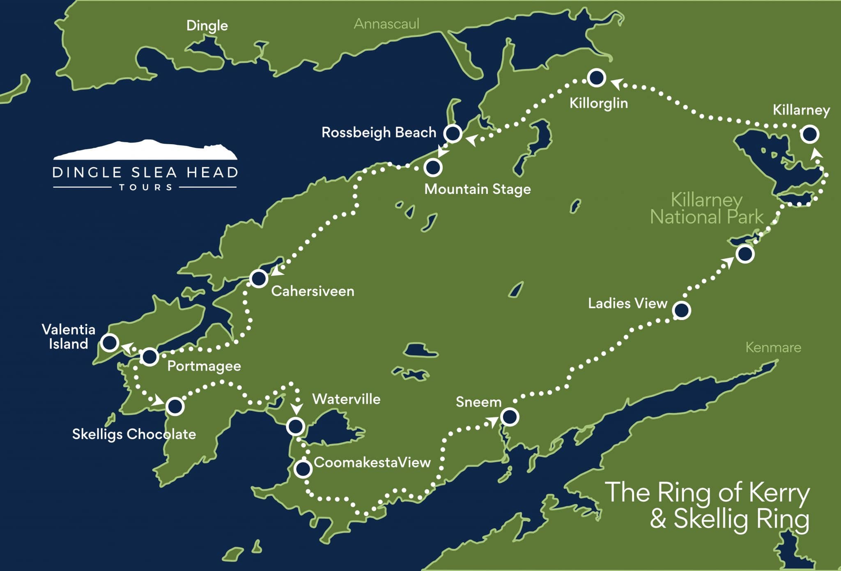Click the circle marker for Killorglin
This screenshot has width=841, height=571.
click(596, 78)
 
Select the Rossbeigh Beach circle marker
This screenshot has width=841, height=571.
click(453, 133)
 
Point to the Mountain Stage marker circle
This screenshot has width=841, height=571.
click(433, 168)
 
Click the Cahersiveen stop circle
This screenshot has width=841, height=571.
click(259, 279)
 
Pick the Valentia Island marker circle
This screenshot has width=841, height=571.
click(110, 343)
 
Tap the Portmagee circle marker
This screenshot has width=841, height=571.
click(149, 357)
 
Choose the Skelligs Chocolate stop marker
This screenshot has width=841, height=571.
click(175, 407)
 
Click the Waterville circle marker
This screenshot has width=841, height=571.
click(295, 426)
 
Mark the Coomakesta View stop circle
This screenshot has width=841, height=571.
click(303, 469)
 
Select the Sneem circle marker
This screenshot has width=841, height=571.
click(510, 417)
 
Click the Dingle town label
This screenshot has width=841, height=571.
click(207, 25)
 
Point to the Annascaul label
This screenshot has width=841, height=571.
click(386, 24)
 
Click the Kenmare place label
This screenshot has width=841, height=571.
click(773, 348)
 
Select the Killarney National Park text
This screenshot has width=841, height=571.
click(707, 209)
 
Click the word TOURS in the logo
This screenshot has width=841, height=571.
click(145, 188)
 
